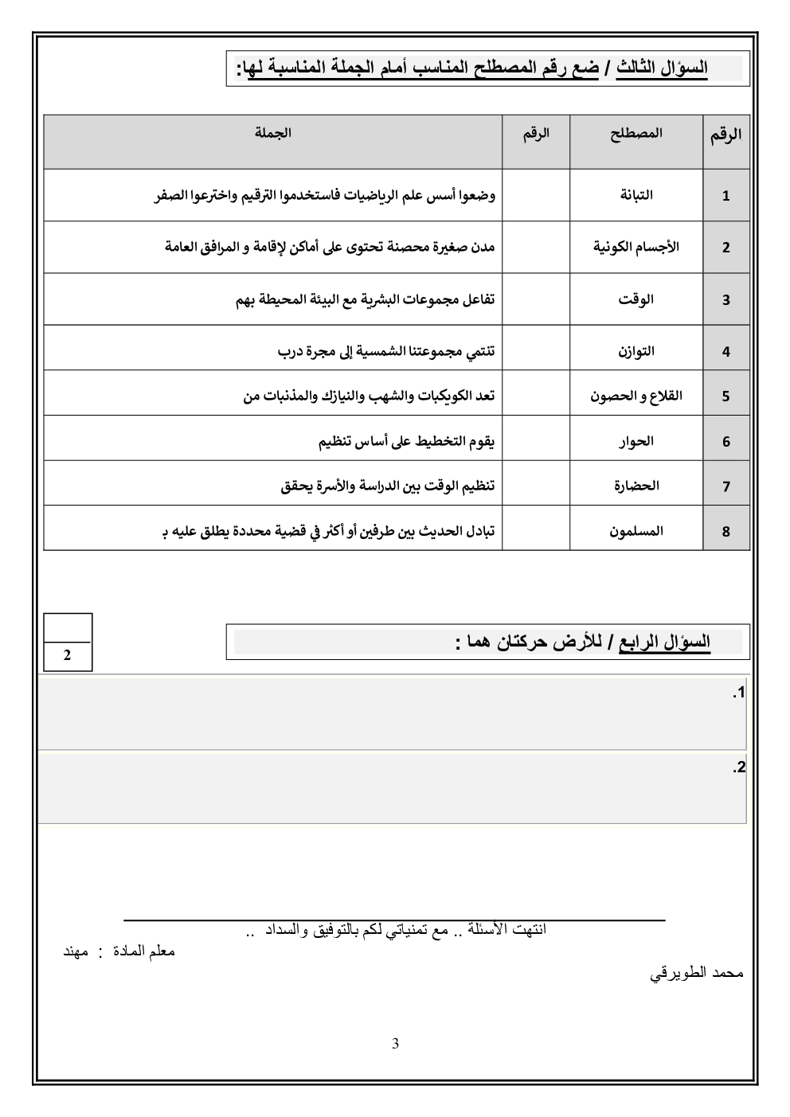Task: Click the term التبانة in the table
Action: point(636,195)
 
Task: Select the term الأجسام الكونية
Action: point(636,247)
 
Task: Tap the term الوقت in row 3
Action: point(636,299)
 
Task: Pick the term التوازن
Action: point(636,351)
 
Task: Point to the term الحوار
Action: point(636,441)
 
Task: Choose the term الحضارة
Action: point(636,486)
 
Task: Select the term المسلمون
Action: point(636,530)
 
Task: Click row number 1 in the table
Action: point(725,196)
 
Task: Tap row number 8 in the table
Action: point(725,531)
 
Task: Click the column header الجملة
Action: point(272,133)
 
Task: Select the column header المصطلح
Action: point(636,134)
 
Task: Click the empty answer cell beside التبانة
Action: point(535,195)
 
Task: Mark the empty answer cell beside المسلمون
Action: point(535,530)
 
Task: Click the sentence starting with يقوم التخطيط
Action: point(406,441)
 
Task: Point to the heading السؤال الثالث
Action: point(662,68)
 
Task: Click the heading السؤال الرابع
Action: point(665,642)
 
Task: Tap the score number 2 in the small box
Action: point(68,656)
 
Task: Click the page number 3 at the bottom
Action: point(395,1044)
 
